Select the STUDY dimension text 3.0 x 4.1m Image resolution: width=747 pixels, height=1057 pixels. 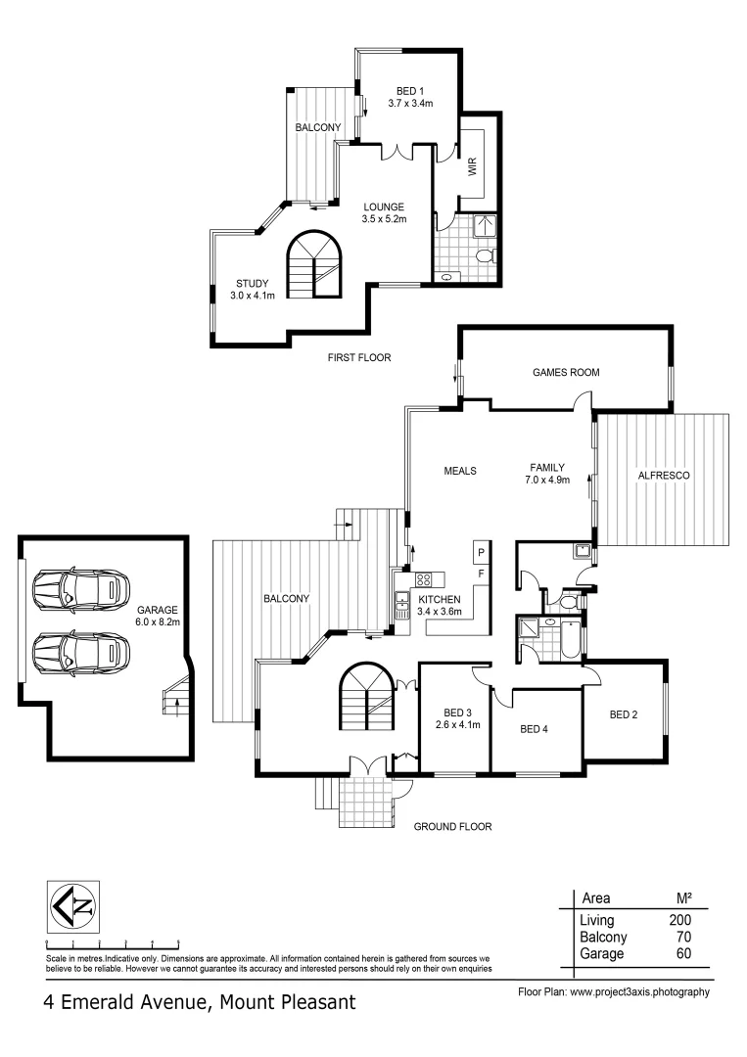point(253,295)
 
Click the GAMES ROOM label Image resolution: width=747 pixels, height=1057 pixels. point(565,372)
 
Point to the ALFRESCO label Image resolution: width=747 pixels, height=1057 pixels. point(665,475)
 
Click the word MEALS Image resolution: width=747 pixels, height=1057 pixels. point(459,471)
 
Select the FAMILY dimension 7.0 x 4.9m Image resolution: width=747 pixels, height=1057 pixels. point(552,481)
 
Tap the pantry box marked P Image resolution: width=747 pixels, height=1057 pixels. point(481,552)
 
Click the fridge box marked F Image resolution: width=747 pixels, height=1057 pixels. point(481,573)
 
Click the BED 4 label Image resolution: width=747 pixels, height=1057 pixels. point(534,729)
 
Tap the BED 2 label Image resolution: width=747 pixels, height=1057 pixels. point(623,714)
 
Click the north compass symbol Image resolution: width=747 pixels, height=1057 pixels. point(74,905)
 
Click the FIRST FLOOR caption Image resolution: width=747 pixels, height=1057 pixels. point(359,358)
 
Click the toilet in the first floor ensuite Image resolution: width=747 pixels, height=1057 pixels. point(483,256)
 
